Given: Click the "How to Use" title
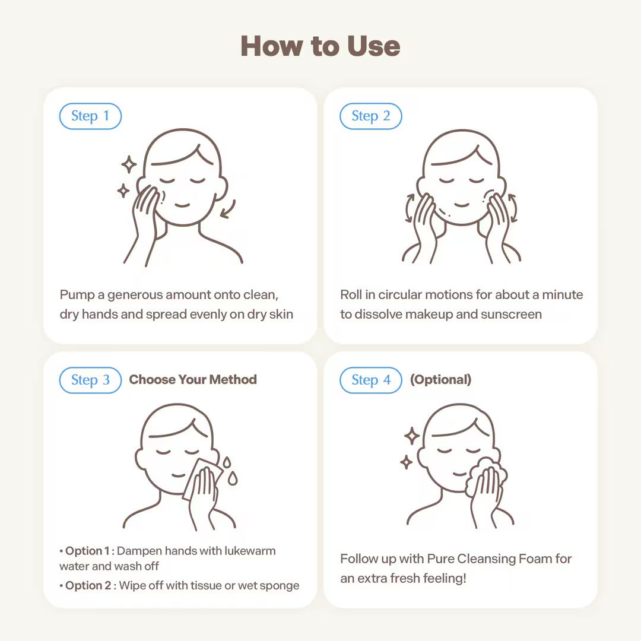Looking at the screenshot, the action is pyautogui.click(x=320, y=46).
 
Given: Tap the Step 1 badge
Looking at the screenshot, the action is pyautogui.click(x=90, y=116).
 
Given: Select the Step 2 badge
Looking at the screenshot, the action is pyautogui.click(x=371, y=116).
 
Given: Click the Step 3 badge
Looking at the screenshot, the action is pyautogui.click(x=90, y=380).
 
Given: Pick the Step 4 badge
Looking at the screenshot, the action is pyautogui.click(x=371, y=380).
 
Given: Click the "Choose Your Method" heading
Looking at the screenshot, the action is pyautogui.click(x=193, y=379).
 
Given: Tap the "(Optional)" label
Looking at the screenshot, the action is pyautogui.click(x=440, y=379).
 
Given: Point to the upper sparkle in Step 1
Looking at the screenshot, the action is pyautogui.click(x=129, y=164).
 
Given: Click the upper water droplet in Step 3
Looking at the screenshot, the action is pyautogui.click(x=227, y=462).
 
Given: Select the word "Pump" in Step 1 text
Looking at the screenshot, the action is pyautogui.click(x=77, y=295).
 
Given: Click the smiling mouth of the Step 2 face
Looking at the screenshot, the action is pyautogui.click(x=462, y=204).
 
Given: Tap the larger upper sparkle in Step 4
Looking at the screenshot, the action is pyautogui.click(x=412, y=436).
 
